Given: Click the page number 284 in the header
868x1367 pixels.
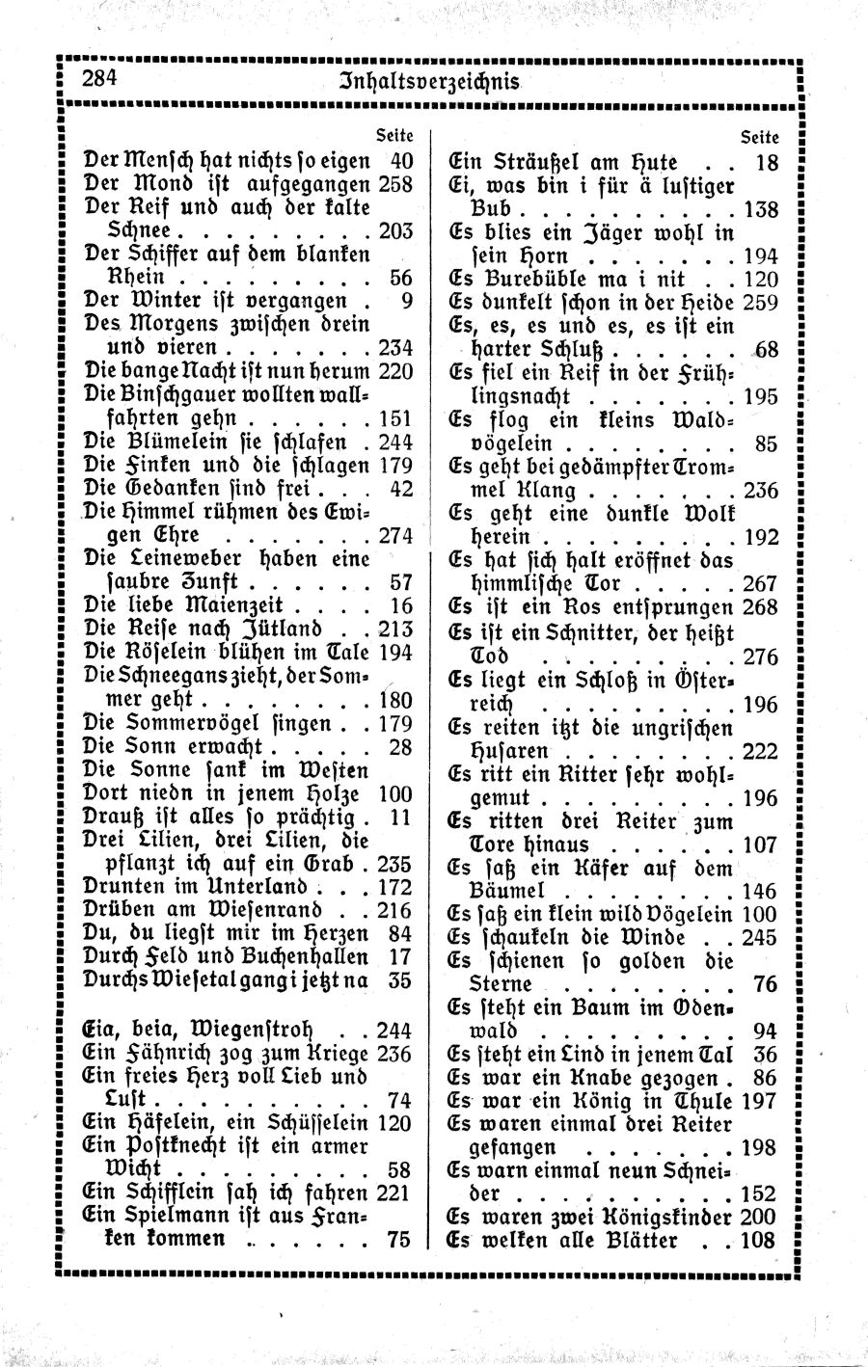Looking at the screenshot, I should (x=97, y=79).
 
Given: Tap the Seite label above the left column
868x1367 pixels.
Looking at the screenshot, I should (x=394, y=136).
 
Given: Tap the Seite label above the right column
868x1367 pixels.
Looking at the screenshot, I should (x=759, y=136).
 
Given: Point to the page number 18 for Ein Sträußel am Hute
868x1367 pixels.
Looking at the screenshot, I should (x=767, y=162).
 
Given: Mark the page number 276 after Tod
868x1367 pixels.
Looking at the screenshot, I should (x=761, y=657).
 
